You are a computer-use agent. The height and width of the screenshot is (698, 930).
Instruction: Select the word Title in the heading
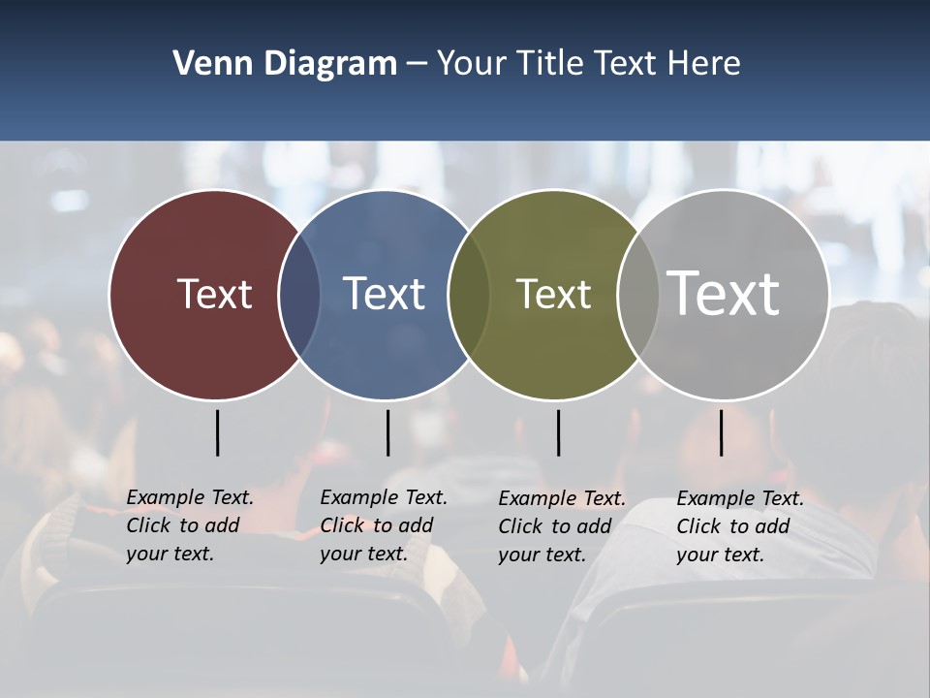(553, 63)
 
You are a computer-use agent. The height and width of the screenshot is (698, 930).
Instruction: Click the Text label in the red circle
(214, 294)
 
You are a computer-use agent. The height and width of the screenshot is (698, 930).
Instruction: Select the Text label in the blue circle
(385, 294)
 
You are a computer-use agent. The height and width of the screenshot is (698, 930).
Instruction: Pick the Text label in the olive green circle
(553, 294)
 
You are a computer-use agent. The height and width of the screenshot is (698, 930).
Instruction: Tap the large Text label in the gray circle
(724, 294)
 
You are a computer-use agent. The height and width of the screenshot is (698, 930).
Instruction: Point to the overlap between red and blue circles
(299, 294)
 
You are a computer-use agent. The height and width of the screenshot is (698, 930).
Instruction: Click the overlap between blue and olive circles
(470, 294)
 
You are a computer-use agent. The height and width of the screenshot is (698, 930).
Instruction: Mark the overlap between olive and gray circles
(638, 294)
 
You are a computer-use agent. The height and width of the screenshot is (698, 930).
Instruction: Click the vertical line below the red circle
(217, 432)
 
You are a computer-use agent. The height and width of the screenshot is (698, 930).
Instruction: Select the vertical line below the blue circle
(387, 432)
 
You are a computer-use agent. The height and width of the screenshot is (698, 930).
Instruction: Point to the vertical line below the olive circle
(558, 432)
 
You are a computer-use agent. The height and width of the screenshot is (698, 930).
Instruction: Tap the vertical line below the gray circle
(721, 432)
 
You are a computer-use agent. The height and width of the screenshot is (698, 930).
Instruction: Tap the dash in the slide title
(417, 63)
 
